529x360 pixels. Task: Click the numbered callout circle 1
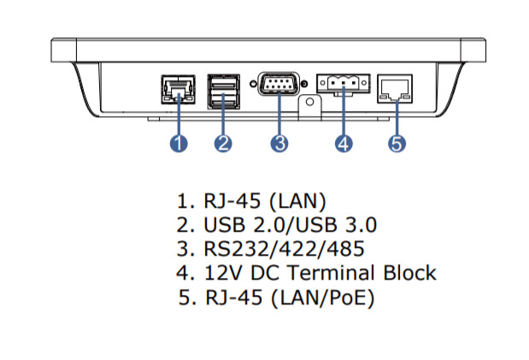coord(178,144)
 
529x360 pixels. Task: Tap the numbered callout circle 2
coord(223,144)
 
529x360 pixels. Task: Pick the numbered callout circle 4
coord(344,144)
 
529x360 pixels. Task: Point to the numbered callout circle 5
coord(397,144)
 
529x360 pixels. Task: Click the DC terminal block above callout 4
coord(343,84)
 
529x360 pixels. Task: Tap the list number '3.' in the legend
coord(185,250)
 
